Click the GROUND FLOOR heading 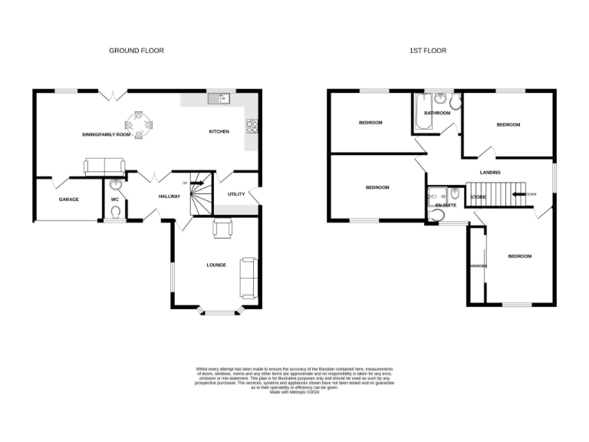pos(136,51)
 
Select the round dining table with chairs pos(139,124)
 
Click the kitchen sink pos(217,99)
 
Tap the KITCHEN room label pos(219,132)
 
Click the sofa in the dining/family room pos(104,165)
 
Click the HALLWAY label pos(169,196)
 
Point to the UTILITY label pos(235,193)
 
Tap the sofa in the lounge pos(248,277)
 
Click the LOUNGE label pos(216,265)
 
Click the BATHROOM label pos(438,113)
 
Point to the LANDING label pos(490,173)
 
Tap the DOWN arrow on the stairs pos(528,194)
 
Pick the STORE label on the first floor pos(478,197)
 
